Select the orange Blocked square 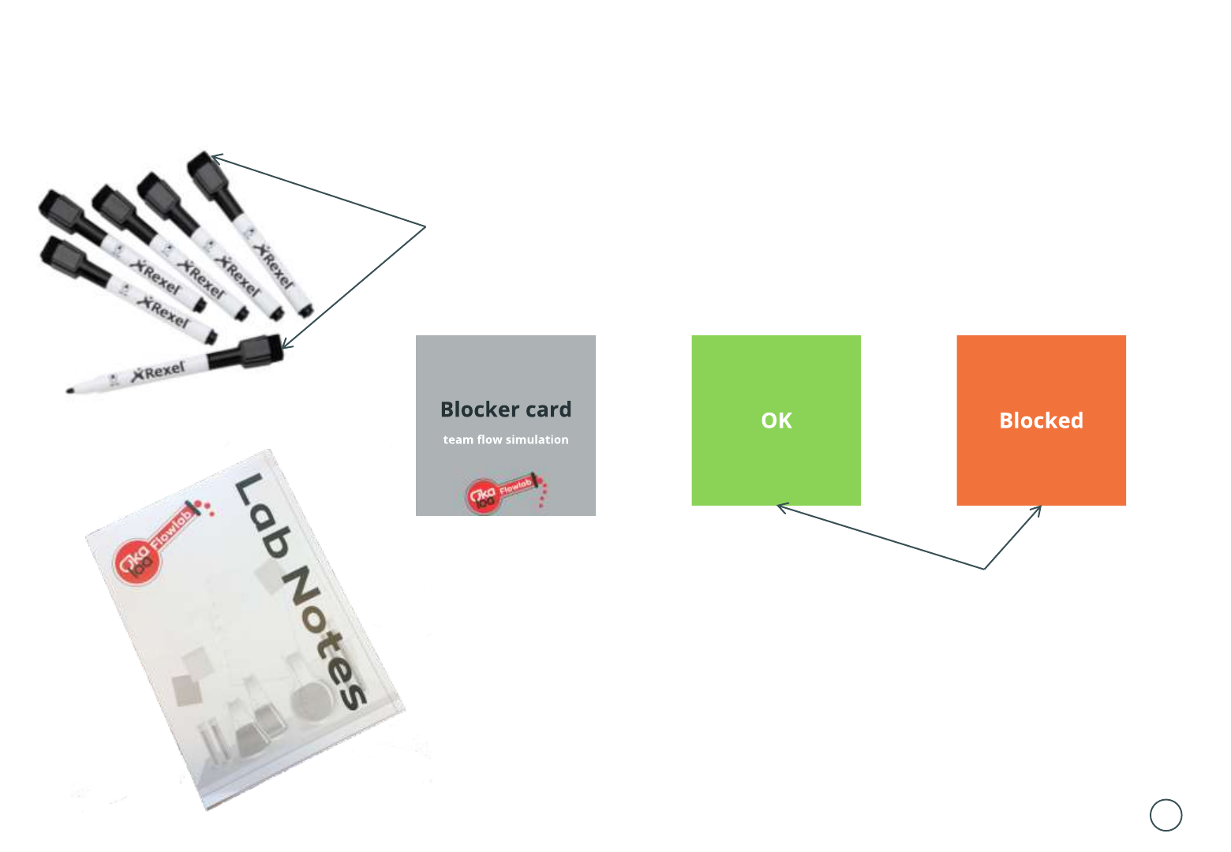(1041, 465)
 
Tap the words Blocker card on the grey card (506, 409)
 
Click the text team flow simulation (506, 440)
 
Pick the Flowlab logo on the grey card (505, 494)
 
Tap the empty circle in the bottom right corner (1166, 815)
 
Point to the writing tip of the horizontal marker (70, 390)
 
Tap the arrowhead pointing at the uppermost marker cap (215, 158)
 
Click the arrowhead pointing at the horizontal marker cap (286, 345)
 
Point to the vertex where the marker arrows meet (425, 227)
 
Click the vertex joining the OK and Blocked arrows (984, 568)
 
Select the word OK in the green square (776, 420)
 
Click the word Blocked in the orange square (1041, 420)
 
